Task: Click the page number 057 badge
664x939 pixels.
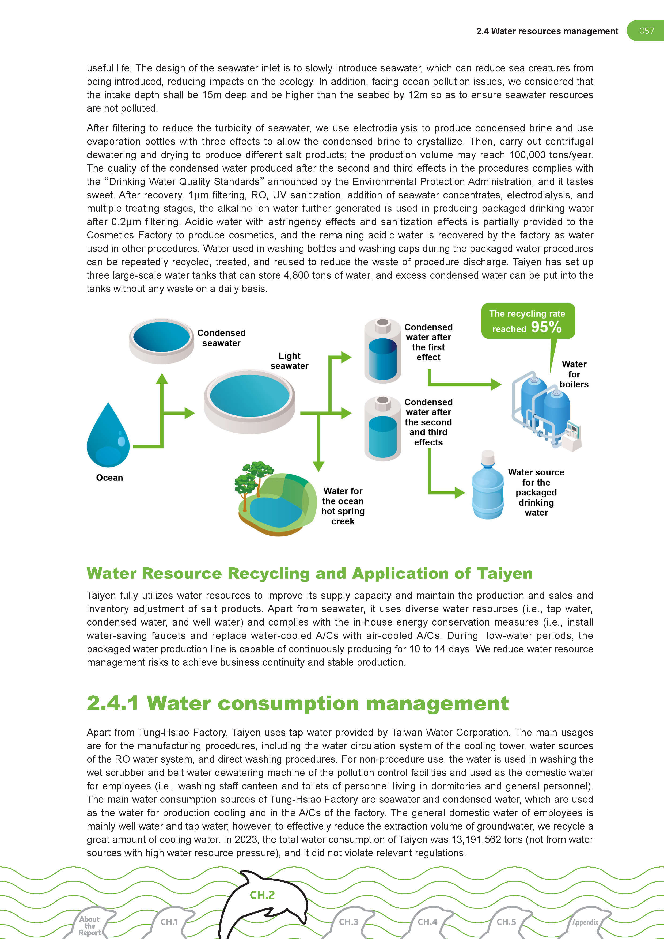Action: pyautogui.click(x=646, y=31)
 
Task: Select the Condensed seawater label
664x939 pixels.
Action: pyautogui.click(x=221, y=338)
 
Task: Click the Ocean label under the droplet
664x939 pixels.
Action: pyautogui.click(x=109, y=478)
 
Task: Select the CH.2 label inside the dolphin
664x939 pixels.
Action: pyautogui.click(x=262, y=895)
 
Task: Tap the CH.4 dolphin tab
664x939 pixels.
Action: pyautogui.click(x=427, y=922)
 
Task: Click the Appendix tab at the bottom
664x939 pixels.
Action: pyautogui.click(x=585, y=922)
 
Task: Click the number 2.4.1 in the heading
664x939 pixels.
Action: pyautogui.click(x=112, y=703)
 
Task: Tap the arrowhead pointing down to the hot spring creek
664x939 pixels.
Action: pyautogui.click(x=318, y=467)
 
